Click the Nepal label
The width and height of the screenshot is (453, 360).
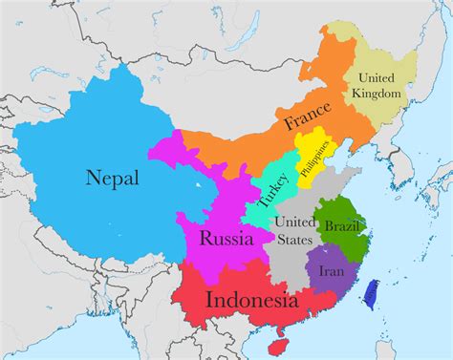(x=112, y=179)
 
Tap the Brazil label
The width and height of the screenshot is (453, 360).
(x=342, y=227)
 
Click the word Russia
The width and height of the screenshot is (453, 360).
(x=226, y=239)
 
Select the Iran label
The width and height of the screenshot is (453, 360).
(x=332, y=270)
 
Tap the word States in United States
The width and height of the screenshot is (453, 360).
(x=292, y=239)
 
